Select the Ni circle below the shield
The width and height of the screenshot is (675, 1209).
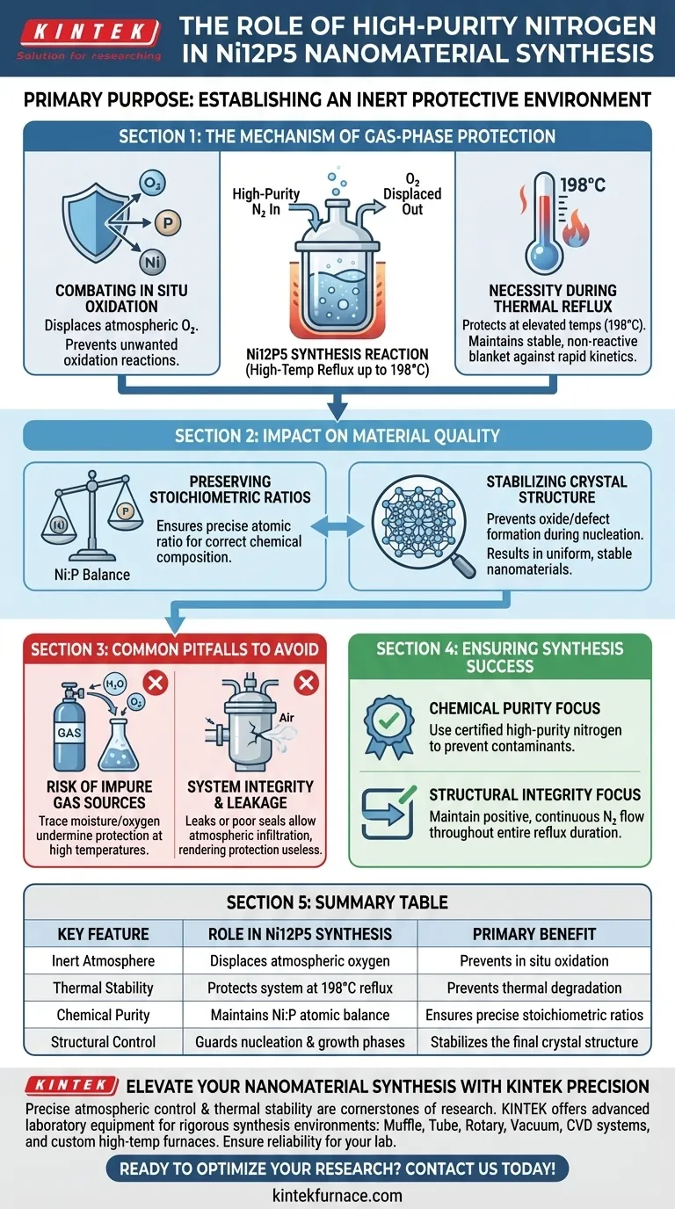(152, 262)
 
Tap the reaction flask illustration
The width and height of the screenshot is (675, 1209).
(337, 264)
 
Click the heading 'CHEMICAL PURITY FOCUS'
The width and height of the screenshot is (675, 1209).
(515, 708)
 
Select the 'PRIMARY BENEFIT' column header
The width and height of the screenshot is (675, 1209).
(534, 934)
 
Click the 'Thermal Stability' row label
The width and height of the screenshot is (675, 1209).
(103, 988)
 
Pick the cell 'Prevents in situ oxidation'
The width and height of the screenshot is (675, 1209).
(534, 961)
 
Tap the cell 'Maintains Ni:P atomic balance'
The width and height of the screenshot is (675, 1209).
(300, 1015)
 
